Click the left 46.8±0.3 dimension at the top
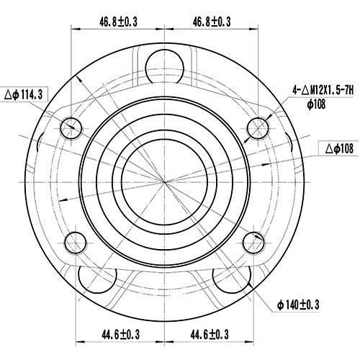[118, 22]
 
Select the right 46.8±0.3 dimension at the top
[211, 22]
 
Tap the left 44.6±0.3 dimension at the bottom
[120, 334]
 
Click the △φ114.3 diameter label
[24, 94]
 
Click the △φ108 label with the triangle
[339, 149]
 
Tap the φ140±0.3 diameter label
[298, 305]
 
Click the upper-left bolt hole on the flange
[71, 128]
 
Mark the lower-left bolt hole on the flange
[75, 241]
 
